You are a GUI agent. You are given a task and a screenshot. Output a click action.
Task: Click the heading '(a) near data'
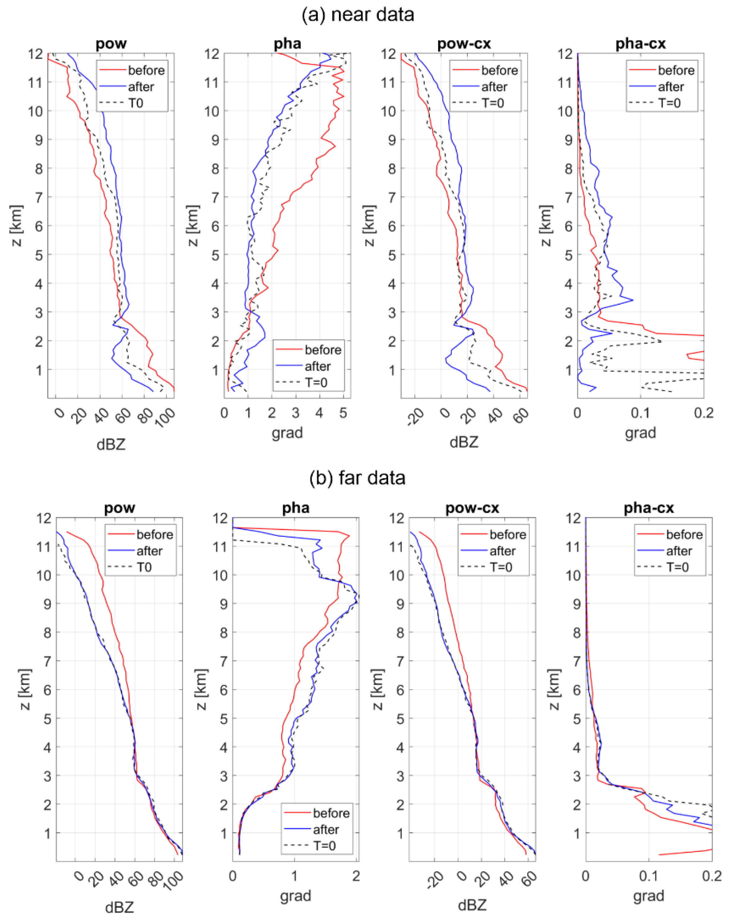tap(358, 15)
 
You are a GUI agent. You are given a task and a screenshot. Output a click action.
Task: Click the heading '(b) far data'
tap(357, 478)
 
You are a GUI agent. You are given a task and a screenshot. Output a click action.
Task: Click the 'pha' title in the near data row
tap(287, 43)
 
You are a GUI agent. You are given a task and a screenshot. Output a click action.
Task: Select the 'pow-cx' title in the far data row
tap(472, 508)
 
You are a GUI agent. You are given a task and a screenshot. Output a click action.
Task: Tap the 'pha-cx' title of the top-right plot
tap(640, 43)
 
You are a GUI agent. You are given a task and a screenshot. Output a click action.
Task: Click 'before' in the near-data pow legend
tap(146, 70)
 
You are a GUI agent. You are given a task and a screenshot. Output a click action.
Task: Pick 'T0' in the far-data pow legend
tap(144, 567)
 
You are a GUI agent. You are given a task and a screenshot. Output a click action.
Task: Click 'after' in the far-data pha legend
tap(326, 829)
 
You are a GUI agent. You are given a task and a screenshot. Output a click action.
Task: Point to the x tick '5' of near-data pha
tap(343, 413)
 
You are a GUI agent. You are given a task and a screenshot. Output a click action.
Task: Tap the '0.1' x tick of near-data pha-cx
tap(640, 413)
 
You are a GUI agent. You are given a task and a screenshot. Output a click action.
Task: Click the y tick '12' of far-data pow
tap(44, 518)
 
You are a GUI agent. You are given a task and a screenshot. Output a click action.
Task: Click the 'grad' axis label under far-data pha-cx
tap(648, 896)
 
